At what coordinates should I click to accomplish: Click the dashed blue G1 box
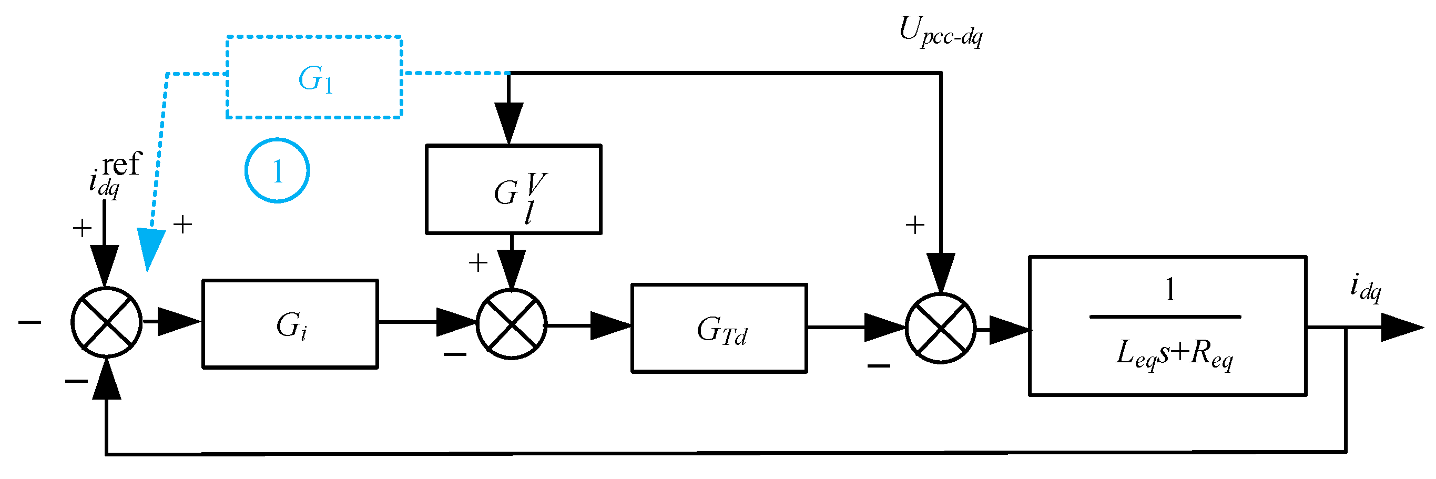point(314,77)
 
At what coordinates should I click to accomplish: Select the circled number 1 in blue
point(277,171)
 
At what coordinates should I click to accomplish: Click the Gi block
point(290,324)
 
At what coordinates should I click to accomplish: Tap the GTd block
point(719,329)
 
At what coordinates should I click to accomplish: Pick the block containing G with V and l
point(513,190)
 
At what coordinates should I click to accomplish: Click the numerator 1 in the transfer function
point(1170,290)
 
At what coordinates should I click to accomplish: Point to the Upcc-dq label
point(941,31)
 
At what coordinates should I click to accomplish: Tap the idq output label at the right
point(1366,288)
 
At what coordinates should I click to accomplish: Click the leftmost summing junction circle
point(106,322)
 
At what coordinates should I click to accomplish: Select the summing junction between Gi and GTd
point(511,324)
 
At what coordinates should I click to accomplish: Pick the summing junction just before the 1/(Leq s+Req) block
point(941,329)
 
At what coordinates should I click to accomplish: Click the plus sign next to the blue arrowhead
point(183,225)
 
